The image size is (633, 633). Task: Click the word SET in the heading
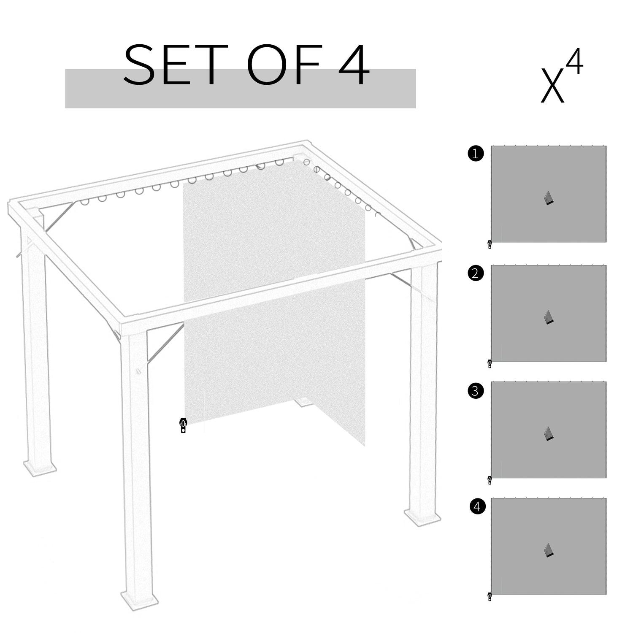[173, 65]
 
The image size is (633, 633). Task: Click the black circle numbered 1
[476, 154]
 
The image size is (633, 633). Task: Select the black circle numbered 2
[476, 273]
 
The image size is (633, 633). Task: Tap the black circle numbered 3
[476, 391]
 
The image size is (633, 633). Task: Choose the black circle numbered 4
[477, 506]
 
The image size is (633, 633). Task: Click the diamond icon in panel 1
[548, 198]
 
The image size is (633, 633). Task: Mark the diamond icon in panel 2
[548, 317]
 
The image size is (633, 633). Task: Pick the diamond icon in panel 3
[548, 434]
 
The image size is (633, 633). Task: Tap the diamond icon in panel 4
[548, 550]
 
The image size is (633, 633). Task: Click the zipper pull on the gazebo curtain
[183, 425]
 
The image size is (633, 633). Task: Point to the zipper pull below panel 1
[490, 244]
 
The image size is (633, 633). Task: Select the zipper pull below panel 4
[490, 597]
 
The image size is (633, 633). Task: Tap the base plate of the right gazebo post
[423, 517]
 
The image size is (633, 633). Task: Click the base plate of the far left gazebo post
[40, 467]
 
